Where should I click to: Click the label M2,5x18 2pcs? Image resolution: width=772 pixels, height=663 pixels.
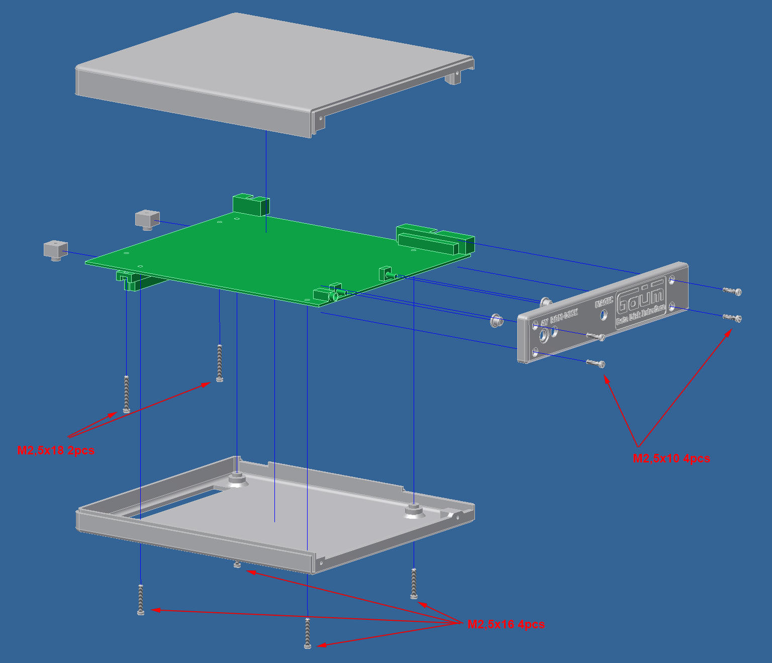(56, 450)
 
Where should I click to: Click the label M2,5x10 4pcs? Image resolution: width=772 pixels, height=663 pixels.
(671, 458)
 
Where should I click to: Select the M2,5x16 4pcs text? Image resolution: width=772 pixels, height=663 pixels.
(506, 624)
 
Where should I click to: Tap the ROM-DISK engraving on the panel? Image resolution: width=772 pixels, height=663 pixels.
(564, 316)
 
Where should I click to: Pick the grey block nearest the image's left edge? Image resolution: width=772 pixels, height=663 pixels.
(55, 250)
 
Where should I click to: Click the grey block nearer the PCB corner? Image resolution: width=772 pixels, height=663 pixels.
(147, 219)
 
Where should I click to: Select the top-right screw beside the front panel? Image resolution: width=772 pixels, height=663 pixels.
(732, 291)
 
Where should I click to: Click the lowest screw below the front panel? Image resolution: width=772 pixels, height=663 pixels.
(596, 362)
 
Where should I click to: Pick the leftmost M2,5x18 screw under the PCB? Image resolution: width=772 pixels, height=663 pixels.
(126, 394)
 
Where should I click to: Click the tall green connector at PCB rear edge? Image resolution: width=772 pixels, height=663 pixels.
(251, 205)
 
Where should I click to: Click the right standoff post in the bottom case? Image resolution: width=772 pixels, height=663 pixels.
(412, 509)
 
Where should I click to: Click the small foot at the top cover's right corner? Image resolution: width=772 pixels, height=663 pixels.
(454, 77)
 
